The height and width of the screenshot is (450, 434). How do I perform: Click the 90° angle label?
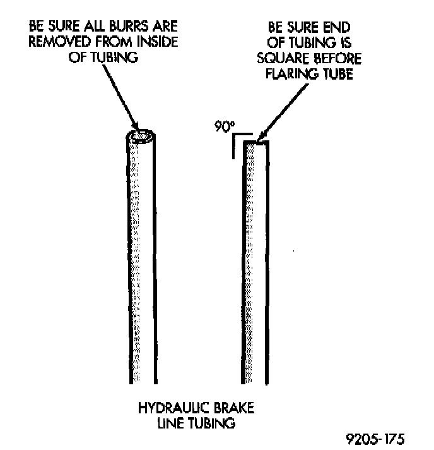click(x=223, y=126)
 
